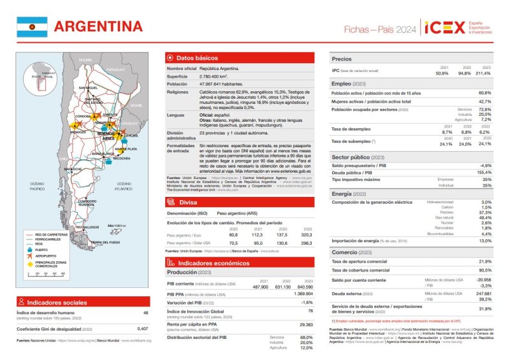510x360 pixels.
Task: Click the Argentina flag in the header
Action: [32, 26]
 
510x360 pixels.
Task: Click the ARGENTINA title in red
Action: [98, 26]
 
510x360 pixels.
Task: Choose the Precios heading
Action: [342, 59]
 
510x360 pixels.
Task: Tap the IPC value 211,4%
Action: [484, 73]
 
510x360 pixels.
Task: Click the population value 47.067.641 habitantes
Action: [222, 83]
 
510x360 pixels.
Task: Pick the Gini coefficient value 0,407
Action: [143, 329]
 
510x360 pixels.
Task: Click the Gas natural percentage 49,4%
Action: [485, 217]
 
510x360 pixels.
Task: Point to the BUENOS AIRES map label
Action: [108, 136]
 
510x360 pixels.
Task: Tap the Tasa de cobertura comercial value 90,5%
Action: [484, 270]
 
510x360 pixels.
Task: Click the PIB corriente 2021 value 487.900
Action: [260, 286]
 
